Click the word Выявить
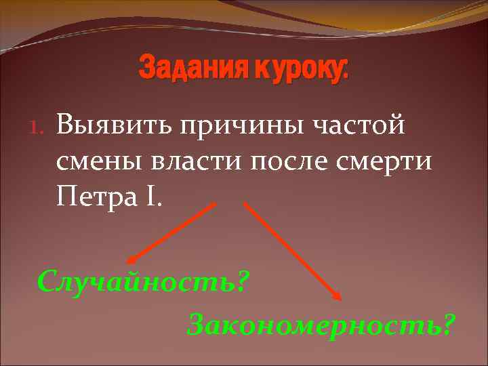click(111, 126)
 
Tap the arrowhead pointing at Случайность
click(131, 259)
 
